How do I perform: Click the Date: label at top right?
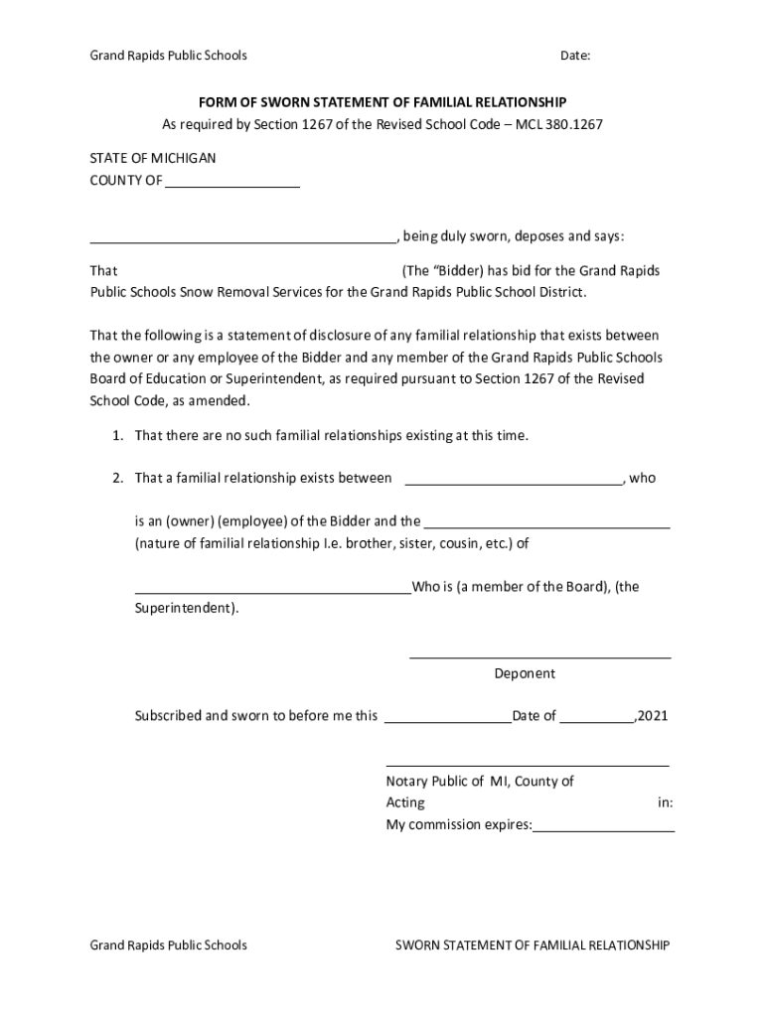575,56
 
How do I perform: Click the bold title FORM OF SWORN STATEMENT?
382,102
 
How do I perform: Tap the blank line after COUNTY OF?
232,185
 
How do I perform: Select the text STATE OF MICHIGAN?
153,158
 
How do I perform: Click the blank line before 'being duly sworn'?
243,240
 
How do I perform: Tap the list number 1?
116,435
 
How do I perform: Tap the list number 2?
116,478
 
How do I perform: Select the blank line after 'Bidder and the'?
546,525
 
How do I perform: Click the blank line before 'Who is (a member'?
272,591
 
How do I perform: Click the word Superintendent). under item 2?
187,607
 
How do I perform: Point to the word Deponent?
525,673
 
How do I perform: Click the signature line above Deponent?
539,656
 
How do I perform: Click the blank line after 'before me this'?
447,720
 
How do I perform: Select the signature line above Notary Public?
527,765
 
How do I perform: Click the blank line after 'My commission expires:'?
603,828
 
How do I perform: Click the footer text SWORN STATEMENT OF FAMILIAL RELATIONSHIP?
532,944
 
